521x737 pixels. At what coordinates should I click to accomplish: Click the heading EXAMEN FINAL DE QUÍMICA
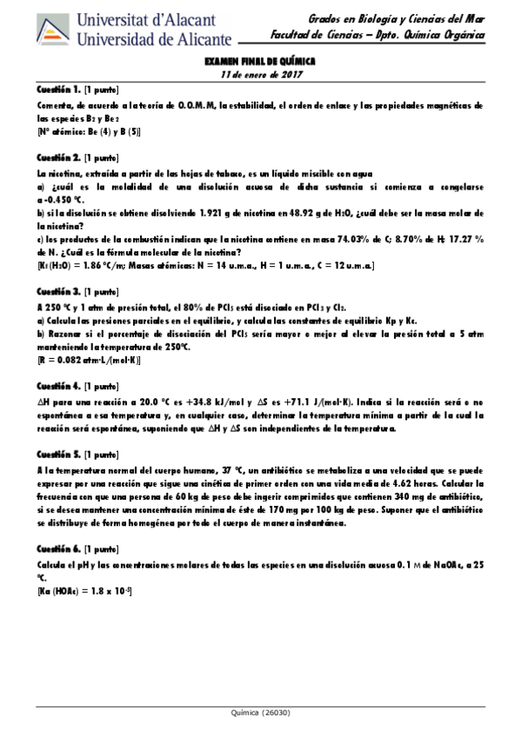click(x=259, y=63)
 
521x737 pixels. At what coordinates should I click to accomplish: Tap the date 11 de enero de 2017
click(x=259, y=75)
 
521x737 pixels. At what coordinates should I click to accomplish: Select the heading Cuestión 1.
click(x=59, y=90)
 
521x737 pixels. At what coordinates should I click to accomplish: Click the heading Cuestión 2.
click(x=59, y=158)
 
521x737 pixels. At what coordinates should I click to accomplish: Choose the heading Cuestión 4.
click(x=59, y=385)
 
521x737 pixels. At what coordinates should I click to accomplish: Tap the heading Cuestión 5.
click(x=59, y=454)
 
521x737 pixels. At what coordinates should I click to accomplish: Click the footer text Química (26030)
click(x=259, y=714)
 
